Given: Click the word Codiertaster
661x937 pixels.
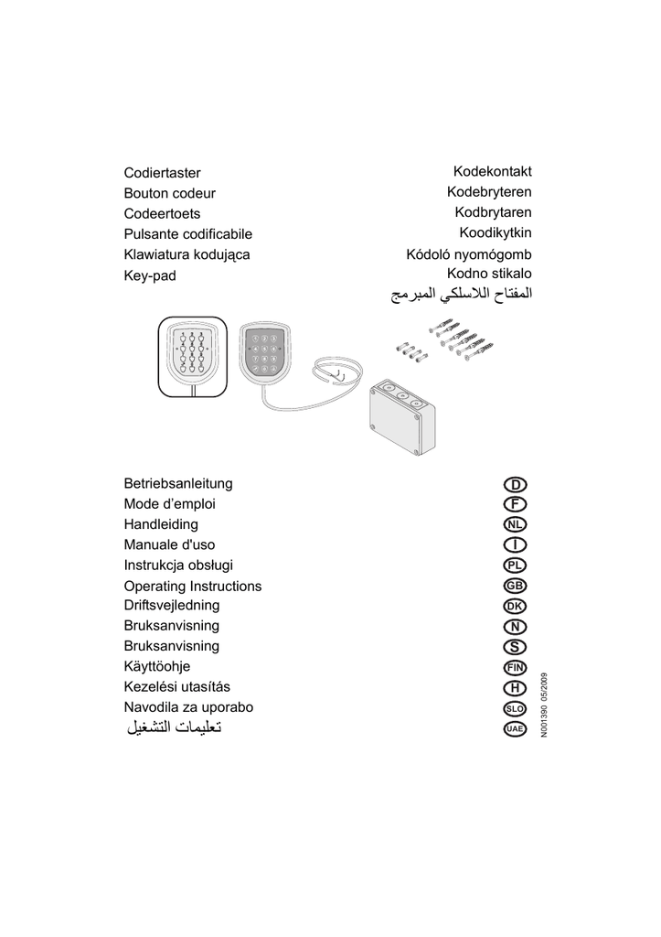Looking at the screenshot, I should tap(162, 173).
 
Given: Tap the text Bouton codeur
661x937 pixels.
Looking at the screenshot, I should tap(169, 193).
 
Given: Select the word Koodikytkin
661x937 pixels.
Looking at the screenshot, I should tap(495, 233).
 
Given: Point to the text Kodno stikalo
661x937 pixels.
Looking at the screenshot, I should tap(489, 274).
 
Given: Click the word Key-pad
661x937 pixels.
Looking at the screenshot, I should tap(149, 275).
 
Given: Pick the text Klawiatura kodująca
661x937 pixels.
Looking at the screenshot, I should tap(187, 254).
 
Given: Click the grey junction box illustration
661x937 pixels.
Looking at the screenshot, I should tap(401, 416).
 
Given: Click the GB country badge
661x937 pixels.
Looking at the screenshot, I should tap(515, 586).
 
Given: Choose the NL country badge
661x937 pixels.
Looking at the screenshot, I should tap(515, 524).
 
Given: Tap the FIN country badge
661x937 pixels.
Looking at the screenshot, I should tap(515, 667).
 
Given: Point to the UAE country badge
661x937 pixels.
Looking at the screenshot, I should tap(515, 728).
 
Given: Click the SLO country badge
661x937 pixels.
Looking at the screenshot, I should tap(515, 708).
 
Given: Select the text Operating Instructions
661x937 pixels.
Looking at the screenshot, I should tap(192, 586).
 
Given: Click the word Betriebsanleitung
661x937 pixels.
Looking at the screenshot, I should tap(178, 483).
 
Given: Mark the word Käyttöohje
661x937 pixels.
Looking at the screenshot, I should tap(156, 667).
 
